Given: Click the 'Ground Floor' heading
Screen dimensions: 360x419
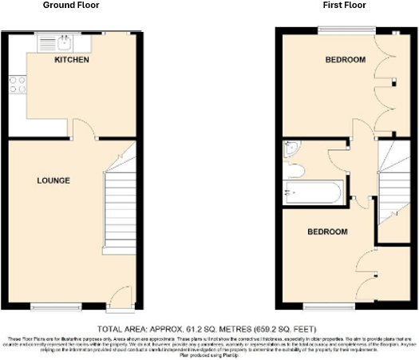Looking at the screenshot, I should (71, 6).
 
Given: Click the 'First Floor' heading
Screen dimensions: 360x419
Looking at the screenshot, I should (345, 6).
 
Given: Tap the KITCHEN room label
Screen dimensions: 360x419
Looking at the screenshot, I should (71, 61).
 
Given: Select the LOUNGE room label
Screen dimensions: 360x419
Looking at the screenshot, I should (53, 180).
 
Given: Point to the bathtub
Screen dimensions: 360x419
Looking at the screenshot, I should (314, 193).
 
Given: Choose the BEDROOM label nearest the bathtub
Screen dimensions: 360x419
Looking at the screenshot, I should (328, 231).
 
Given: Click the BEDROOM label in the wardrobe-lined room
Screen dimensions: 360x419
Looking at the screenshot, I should (345, 61).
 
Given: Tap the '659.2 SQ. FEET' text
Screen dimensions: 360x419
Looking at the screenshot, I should (283, 329).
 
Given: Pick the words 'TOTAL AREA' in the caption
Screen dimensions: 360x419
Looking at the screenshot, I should (121, 329).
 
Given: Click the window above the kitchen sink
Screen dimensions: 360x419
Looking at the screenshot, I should (60, 33).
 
